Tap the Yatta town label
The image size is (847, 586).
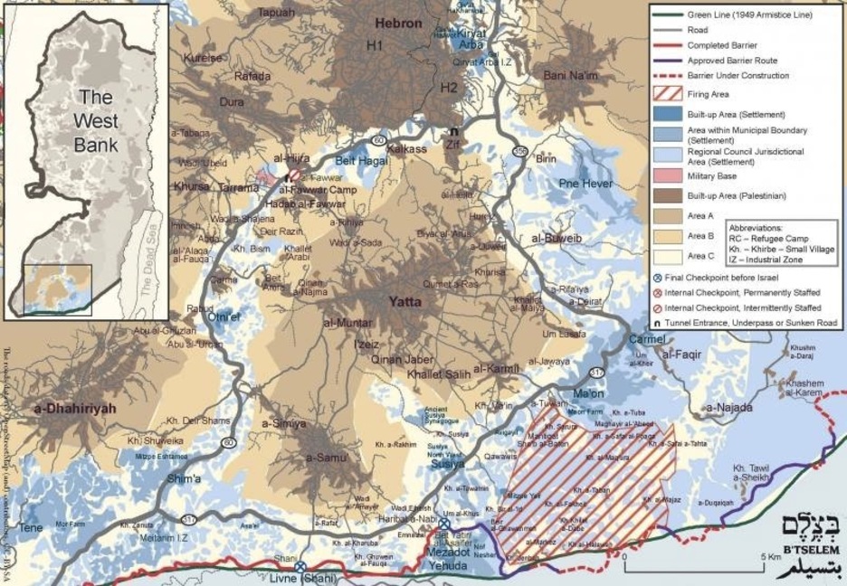(406, 302)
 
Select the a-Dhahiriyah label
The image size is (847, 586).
(76, 409)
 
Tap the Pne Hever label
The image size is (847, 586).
(585, 184)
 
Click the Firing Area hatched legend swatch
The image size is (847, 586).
(665, 93)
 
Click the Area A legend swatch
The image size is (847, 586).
(665, 216)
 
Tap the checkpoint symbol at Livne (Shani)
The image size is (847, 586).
(300, 566)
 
